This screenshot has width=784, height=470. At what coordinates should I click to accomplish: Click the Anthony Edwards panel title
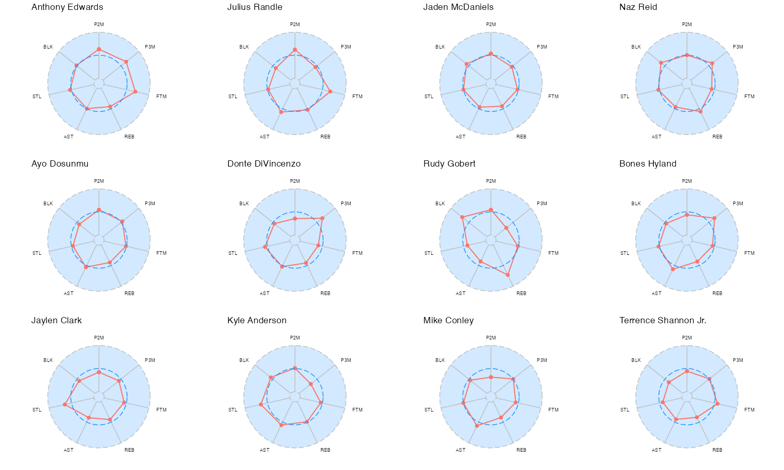click(67, 7)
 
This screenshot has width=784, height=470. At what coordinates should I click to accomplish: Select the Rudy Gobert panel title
click(449, 164)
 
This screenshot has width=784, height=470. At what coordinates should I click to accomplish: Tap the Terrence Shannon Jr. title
click(663, 321)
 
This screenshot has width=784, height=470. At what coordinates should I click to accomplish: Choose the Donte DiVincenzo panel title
click(264, 164)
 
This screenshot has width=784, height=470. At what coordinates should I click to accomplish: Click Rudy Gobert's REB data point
click(508, 275)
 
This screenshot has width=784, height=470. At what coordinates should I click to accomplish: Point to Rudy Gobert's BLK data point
click(462, 217)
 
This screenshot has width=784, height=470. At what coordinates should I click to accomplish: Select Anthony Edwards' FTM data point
click(135, 92)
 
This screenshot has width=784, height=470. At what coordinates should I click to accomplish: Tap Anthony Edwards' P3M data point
click(126, 62)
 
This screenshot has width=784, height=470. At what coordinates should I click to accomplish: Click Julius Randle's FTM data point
click(330, 92)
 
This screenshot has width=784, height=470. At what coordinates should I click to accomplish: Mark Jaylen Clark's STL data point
click(65, 405)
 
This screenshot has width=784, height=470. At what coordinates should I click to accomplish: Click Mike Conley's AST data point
click(477, 426)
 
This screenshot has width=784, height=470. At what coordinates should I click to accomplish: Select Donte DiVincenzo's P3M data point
click(322, 218)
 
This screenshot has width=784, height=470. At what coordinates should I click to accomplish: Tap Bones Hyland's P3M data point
click(714, 218)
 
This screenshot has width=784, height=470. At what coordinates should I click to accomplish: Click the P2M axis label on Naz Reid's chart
click(687, 25)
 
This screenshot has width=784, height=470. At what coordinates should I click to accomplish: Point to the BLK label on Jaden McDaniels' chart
click(440, 47)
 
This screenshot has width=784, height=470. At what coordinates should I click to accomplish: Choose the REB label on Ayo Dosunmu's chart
click(129, 293)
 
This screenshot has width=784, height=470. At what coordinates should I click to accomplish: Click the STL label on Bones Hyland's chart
click(625, 253)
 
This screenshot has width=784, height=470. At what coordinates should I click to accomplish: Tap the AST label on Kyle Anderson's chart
click(264, 450)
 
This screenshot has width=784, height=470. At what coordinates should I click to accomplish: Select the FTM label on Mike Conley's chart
click(553, 410)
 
